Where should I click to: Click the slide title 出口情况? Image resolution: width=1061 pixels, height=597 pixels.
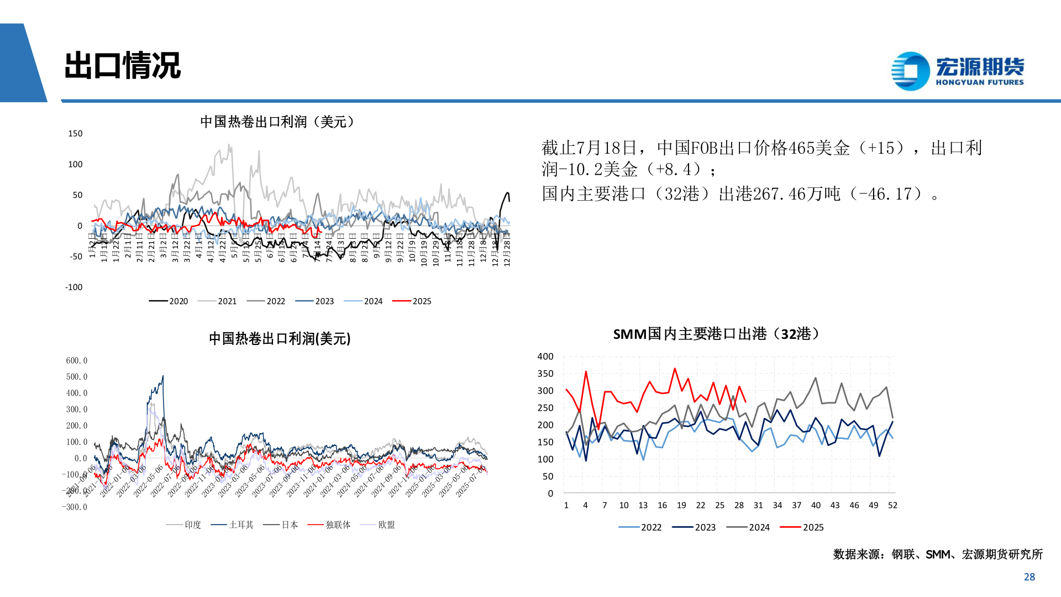click(x=123, y=66)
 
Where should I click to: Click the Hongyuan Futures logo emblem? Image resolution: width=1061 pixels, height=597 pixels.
click(x=910, y=71)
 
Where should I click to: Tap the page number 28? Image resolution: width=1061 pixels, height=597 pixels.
click(x=1029, y=577)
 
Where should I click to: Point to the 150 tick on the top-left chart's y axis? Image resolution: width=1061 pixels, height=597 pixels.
click(x=75, y=134)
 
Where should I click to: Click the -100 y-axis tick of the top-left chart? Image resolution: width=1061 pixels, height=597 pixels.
click(x=73, y=287)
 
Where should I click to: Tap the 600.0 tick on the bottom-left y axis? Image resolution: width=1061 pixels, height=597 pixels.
click(x=76, y=360)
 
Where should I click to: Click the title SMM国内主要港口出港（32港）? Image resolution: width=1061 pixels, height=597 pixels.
click(x=718, y=334)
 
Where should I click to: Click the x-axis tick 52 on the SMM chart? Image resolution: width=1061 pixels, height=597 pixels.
click(x=892, y=505)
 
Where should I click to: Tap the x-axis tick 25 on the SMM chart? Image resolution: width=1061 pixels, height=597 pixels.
click(x=719, y=505)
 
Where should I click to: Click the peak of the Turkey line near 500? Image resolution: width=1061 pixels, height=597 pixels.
click(x=162, y=376)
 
